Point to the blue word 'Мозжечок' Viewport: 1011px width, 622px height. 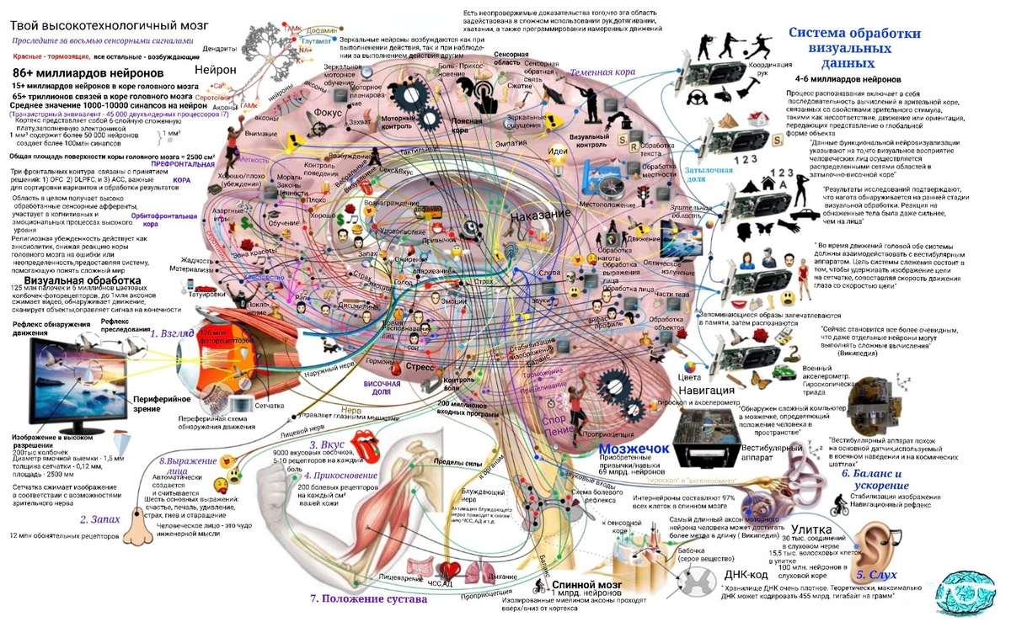(634, 449)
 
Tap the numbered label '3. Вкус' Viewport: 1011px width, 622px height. (325, 444)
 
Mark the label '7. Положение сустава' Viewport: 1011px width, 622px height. (368, 599)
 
